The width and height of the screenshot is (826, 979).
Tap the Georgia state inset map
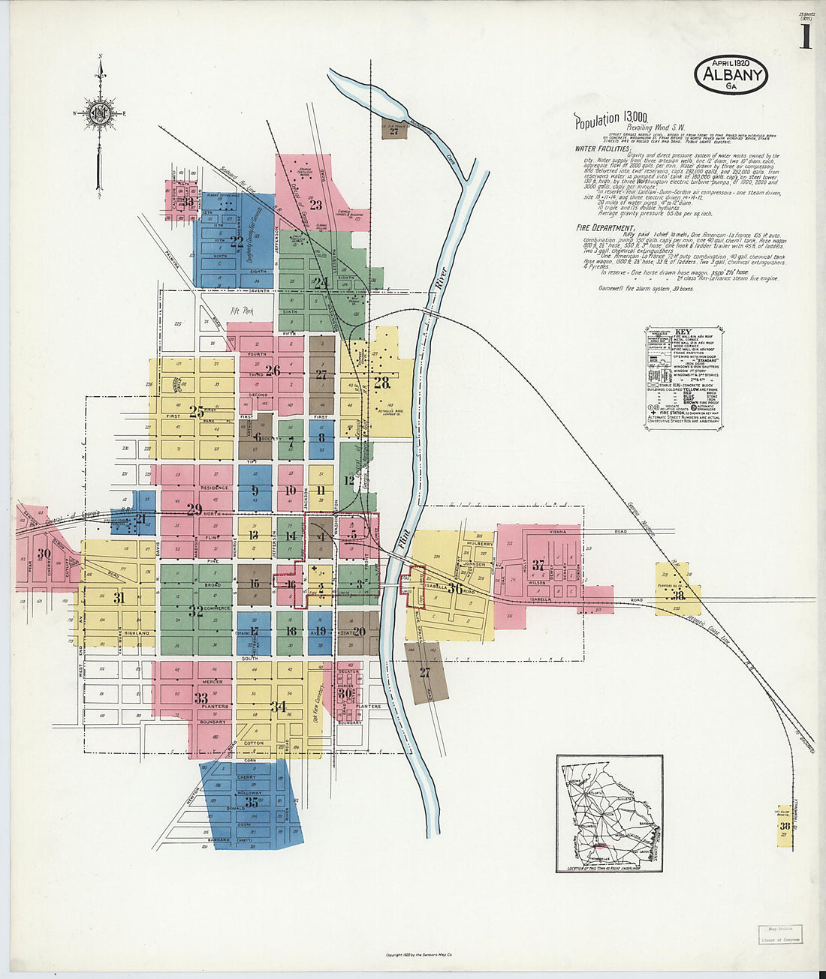click(609, 813)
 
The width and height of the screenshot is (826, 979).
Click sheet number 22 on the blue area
click(237, 242)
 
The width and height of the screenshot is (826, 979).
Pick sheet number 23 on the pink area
click(315, 205)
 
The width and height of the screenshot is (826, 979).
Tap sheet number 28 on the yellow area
click(382, 383)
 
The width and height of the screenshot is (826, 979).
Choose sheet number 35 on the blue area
click(251, 802)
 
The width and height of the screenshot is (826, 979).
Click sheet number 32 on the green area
click(196, 611)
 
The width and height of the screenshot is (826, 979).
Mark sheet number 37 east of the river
click(538, 565)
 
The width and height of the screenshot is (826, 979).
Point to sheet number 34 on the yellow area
click(278, 706)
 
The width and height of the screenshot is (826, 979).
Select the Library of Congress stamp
click(780, 934)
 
